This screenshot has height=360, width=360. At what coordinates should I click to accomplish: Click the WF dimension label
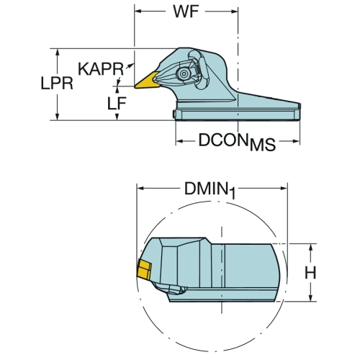pos(186,12)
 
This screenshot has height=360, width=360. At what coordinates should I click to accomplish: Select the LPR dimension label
pos(57,84)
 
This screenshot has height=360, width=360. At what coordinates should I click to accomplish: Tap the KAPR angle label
pos(101,69)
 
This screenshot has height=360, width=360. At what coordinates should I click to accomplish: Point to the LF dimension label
pos(117,104)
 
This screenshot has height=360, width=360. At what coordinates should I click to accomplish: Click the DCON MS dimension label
pos(237,142)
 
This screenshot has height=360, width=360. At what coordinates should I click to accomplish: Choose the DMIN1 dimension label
pos(210,190)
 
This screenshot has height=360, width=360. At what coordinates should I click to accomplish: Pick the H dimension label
pos(310,273)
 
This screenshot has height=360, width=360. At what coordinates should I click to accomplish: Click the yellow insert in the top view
pos(146,81)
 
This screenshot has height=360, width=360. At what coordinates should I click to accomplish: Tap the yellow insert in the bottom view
pos(144,270)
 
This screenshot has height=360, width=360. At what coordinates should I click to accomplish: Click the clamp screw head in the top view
pos(184,73)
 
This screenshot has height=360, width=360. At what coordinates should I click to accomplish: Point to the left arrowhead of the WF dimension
pos(138,12)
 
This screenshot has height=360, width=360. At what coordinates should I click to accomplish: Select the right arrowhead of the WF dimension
pos(234,12)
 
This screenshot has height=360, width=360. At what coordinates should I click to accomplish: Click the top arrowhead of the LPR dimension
pos(57,53)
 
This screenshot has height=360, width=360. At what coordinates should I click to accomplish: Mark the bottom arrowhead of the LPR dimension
pos(57,116)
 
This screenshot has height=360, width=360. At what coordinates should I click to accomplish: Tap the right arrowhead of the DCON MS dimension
pos(296,141)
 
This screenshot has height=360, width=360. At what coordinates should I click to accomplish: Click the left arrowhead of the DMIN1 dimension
pos(141,189)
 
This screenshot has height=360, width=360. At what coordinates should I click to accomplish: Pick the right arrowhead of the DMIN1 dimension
pos(284,189)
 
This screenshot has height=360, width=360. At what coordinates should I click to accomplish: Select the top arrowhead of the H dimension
pos(311,248)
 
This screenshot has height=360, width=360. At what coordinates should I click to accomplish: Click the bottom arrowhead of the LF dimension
pos(117,116)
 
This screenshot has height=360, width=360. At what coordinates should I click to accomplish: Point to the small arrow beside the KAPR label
pos(130,66)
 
